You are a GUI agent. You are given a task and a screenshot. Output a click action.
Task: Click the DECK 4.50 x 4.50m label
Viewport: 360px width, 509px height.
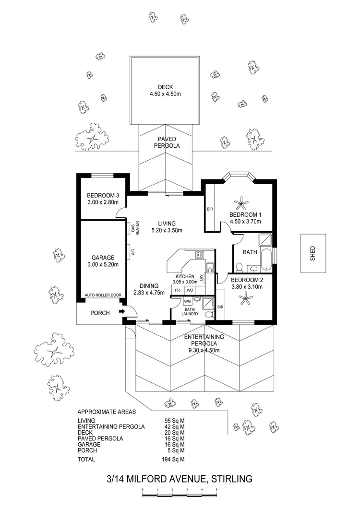[165, 90]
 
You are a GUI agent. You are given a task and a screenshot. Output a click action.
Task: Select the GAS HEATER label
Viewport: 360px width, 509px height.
[134, 227]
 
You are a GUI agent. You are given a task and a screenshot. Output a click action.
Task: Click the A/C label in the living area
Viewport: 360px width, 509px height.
[131, 250]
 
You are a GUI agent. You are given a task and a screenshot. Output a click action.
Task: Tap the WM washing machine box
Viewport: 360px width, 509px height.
[187, 301]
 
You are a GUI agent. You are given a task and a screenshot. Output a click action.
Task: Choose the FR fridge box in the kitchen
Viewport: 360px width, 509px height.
[177, 291]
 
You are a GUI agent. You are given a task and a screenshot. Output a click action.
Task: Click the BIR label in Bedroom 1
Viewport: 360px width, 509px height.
[209, 210]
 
